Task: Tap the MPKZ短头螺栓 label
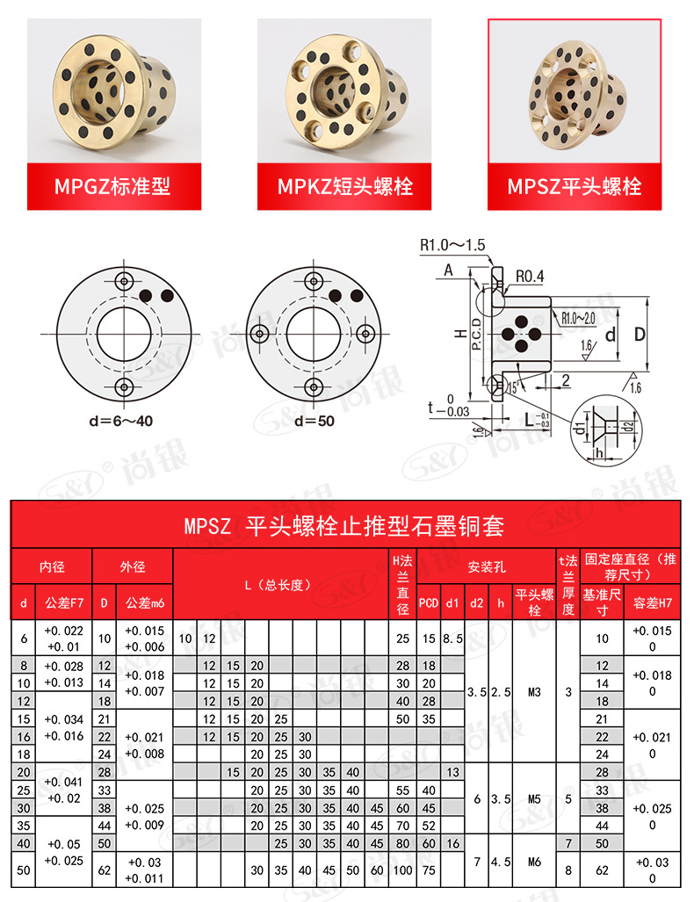coord(344,186)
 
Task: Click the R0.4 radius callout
coord(530,277)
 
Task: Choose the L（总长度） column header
coord(280,584)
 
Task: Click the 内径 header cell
coord(52,566)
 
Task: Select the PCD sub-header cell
coord(428,603)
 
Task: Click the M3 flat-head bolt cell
coord(534,691)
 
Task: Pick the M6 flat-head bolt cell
coord(534,862)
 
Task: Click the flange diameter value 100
coord(402,870)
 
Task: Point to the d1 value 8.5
coord(452,639)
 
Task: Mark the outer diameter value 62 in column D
coord(104,870)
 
